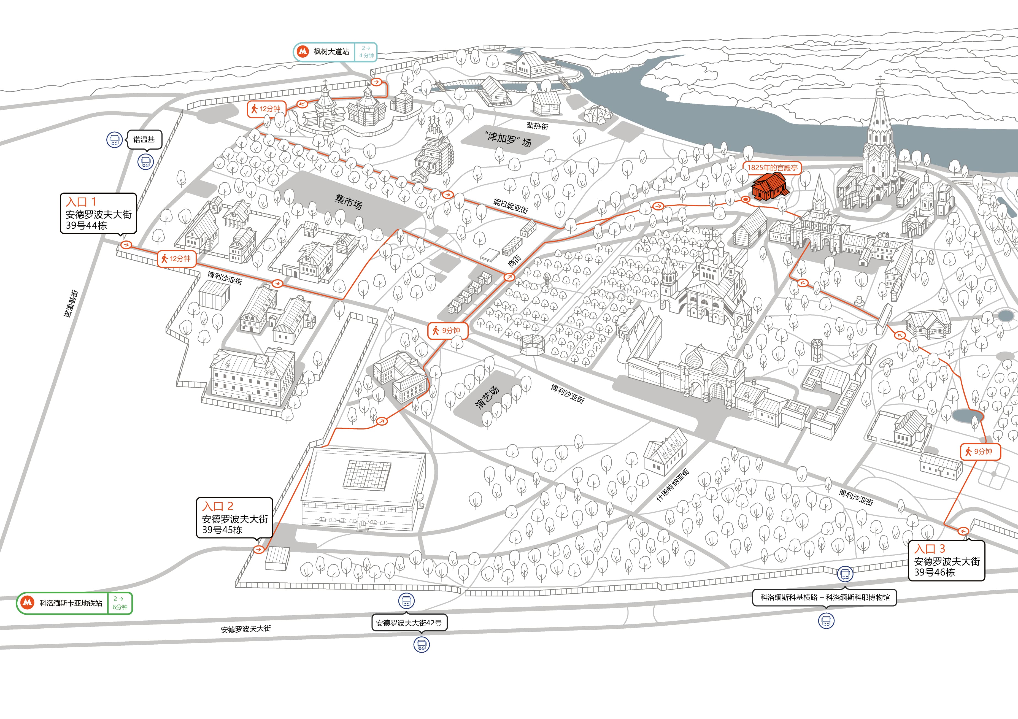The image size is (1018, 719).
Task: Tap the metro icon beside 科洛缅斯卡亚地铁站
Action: pos(28,603)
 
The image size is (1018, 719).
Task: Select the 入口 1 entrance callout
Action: pos(98,213)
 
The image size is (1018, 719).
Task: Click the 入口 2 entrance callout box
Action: pos(234,518)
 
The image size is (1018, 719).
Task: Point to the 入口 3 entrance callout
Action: pos(947,560)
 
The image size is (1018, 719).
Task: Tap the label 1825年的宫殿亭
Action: pos(772,167)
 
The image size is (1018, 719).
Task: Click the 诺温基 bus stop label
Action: pos(144,140)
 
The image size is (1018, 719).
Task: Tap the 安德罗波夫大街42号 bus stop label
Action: pos(409,623)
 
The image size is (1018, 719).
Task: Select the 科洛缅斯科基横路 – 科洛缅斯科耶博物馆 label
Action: pos(825,598)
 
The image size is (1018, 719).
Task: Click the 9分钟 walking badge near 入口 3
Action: pos(980,452)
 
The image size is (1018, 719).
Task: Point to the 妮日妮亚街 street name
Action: pos(511,206)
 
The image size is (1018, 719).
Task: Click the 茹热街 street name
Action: pos(537,126)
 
